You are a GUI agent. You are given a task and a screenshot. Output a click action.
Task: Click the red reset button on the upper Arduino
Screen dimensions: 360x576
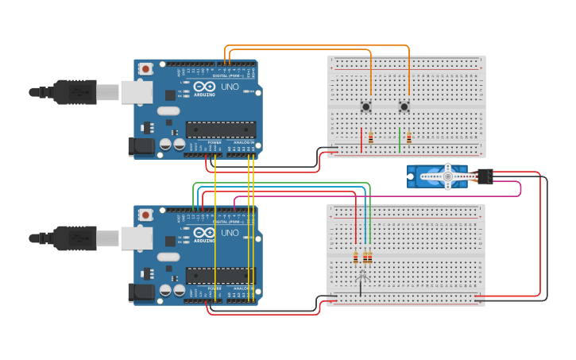(x=145, y=70)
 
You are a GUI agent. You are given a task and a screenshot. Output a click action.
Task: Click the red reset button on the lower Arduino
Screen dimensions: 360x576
(x=145, y=215)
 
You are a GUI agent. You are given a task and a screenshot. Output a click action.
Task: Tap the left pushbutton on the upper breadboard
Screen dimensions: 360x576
(x=366, y=106)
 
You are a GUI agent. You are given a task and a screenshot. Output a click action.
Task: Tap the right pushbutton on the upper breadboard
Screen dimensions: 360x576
(x=404, y=106)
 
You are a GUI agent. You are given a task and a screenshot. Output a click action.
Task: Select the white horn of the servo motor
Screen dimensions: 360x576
(x=447, y=176)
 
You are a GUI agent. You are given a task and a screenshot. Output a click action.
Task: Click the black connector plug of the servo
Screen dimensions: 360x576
(x=484, y=176)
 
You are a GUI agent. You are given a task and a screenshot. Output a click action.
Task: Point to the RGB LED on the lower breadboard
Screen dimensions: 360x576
(x=361, y=276)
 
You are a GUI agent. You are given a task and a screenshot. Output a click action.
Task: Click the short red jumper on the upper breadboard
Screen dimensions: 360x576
(x=361, y=140)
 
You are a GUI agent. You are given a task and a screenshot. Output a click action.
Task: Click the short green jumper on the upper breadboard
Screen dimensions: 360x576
(x=400, y=140)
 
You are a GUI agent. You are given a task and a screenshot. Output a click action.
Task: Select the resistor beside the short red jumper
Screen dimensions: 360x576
(x=370, y=137)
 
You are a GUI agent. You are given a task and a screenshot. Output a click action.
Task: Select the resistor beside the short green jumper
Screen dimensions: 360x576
(x=409, y=137)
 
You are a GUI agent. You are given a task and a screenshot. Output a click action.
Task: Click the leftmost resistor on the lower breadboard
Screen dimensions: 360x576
(x=355, y=257)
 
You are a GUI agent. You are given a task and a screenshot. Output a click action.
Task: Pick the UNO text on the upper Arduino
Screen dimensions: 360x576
(x=229, y=87)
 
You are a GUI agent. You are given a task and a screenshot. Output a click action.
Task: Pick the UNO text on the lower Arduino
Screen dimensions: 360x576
(x=229, y=232)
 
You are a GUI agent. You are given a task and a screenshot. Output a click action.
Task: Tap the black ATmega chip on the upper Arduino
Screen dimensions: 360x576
(x=221, y=129)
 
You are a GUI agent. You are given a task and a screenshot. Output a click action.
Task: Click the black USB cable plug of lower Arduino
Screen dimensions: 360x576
(x=75, y=238)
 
